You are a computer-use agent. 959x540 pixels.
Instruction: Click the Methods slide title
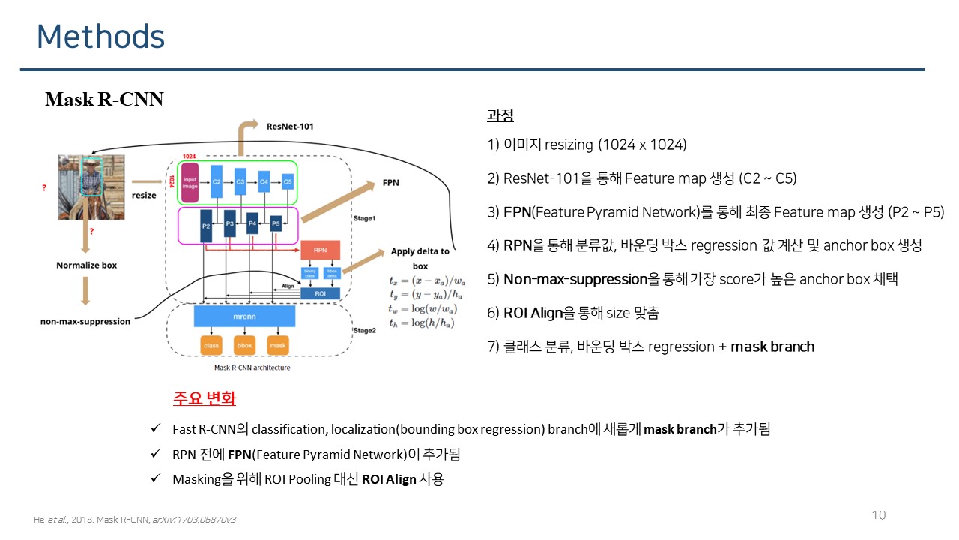pyautogui.click(x=100, y=36)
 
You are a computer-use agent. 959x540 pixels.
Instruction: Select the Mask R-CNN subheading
pyautogui.click(x=104, y=99)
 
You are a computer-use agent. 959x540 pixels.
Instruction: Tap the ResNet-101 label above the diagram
pyautogui.click(x=290, y=126)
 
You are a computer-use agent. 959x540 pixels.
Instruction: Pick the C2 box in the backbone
pyautogui.click(x=217, y=181)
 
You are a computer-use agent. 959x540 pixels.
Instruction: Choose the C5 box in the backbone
pyautogui.click(x=288, y=181)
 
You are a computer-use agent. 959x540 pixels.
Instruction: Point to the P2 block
pyautogui.click(x=206, y=225)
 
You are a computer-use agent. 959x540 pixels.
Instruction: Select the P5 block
pyautogui.click(x=276, y=223)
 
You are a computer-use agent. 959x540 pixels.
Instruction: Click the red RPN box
pyautogui.click(x=320, y=250)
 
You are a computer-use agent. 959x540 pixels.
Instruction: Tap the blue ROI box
pyautogui.click(x=320, y=294)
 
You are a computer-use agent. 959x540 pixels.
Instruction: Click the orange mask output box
pyautogui.click(x=278, y=346)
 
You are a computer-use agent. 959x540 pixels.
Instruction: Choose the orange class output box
pyautogui.click(x=211, y=346)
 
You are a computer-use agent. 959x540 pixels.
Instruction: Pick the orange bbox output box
pyautogui.click(x=244, y=346)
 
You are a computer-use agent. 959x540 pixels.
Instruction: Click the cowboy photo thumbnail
pyautogui.click(x=90, y=187)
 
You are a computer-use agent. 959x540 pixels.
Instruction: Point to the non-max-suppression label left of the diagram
pyautogui.click(x=85, y=321)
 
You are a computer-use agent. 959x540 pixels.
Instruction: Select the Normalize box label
pyautogui.click(x=86, y=265)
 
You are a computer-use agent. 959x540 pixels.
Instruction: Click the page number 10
pyautogui.click(x=879, y=515)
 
